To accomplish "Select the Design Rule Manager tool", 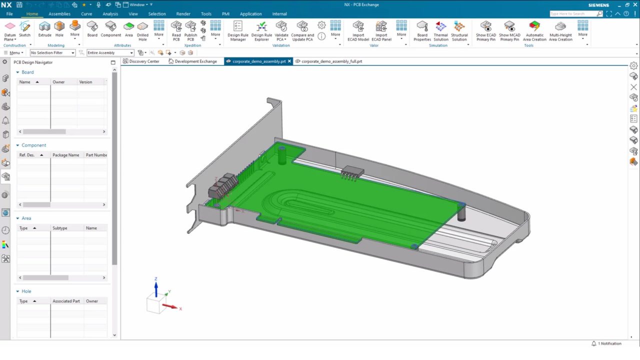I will [237, 30].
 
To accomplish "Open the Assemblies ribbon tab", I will [59, 14].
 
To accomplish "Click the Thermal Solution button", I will [440, 30].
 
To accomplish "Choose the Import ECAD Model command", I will [358, 30].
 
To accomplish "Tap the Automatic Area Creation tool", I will [534, 30].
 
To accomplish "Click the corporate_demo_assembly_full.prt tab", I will [331, 61].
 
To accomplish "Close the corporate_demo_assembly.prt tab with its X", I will [289, 61].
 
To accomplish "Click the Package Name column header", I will [65, 155].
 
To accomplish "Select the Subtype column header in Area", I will [59, 228].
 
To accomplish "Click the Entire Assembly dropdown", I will [110, 52].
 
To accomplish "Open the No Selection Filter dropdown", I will [52, 52].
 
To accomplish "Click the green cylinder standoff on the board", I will [282, 155].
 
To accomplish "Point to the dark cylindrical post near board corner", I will [461, 213].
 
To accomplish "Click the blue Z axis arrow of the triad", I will [156, 288].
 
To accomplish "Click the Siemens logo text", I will [598, 5].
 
